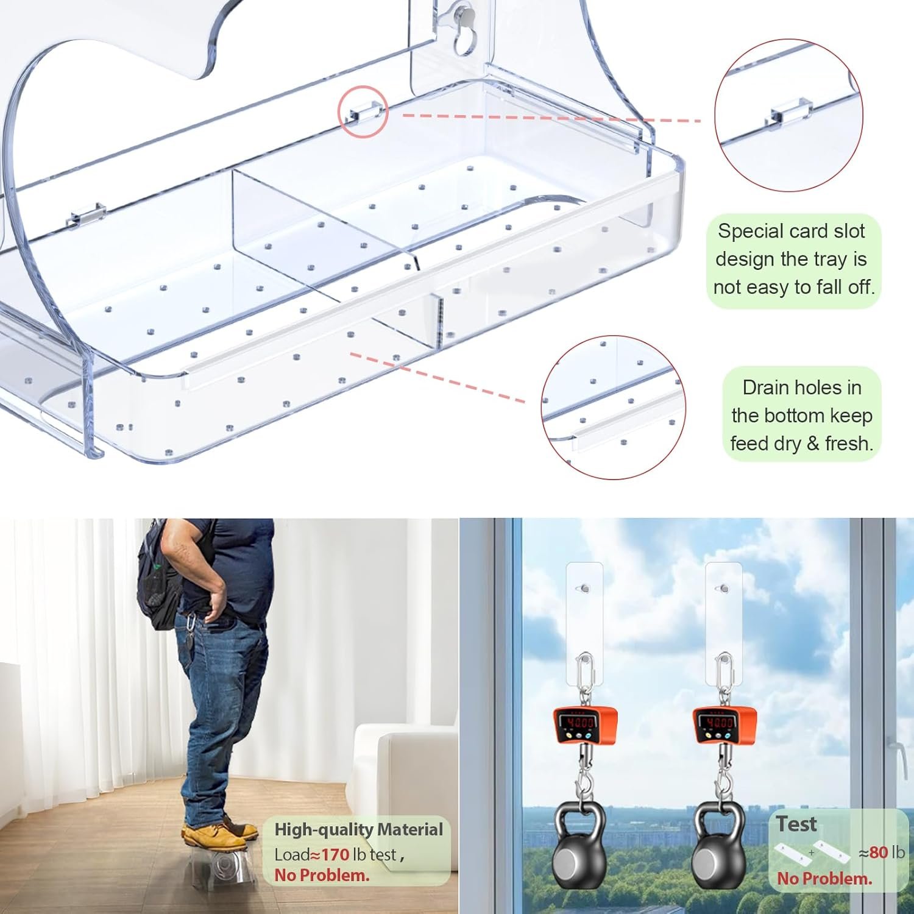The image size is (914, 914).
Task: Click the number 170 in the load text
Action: (335, 854)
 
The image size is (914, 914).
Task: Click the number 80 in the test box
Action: (878, 852)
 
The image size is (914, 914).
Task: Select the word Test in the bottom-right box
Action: (796, 824)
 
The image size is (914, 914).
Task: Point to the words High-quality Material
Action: (358, 829)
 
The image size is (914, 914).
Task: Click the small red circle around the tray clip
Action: (363, 112)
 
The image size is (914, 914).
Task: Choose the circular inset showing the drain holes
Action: (613, 407)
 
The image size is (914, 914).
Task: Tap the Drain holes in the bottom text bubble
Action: (801, 415)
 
